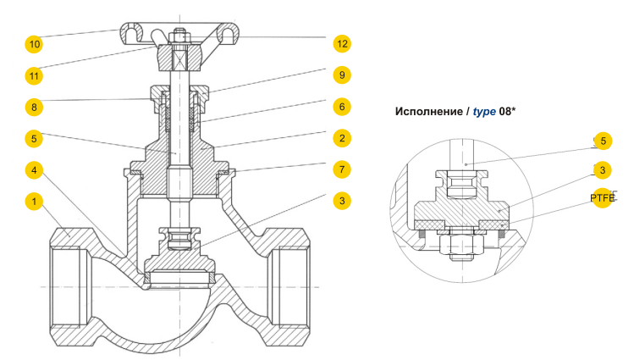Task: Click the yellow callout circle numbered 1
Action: (x=35, y=202)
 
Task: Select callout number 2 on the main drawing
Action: (x=341, y=138)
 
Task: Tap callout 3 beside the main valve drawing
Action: (x=341, y=201)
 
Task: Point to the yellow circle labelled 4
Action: (x=35, y=170)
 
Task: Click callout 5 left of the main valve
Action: (x=35, y=138)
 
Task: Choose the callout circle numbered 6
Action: (x=341, y=107)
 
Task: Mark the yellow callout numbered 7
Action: (x=341, y=169)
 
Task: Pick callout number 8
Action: (x=35, y=107)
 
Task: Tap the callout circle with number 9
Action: (x=341, y=75)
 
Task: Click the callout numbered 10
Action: (x=35, y=43)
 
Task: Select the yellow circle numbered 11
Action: (x=35, y=75)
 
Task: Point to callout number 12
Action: (x=341, y=43)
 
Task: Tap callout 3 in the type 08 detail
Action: (x=602, y=170)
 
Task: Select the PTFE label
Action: (x=603, y=198)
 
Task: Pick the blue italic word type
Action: (x=484, y=112)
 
